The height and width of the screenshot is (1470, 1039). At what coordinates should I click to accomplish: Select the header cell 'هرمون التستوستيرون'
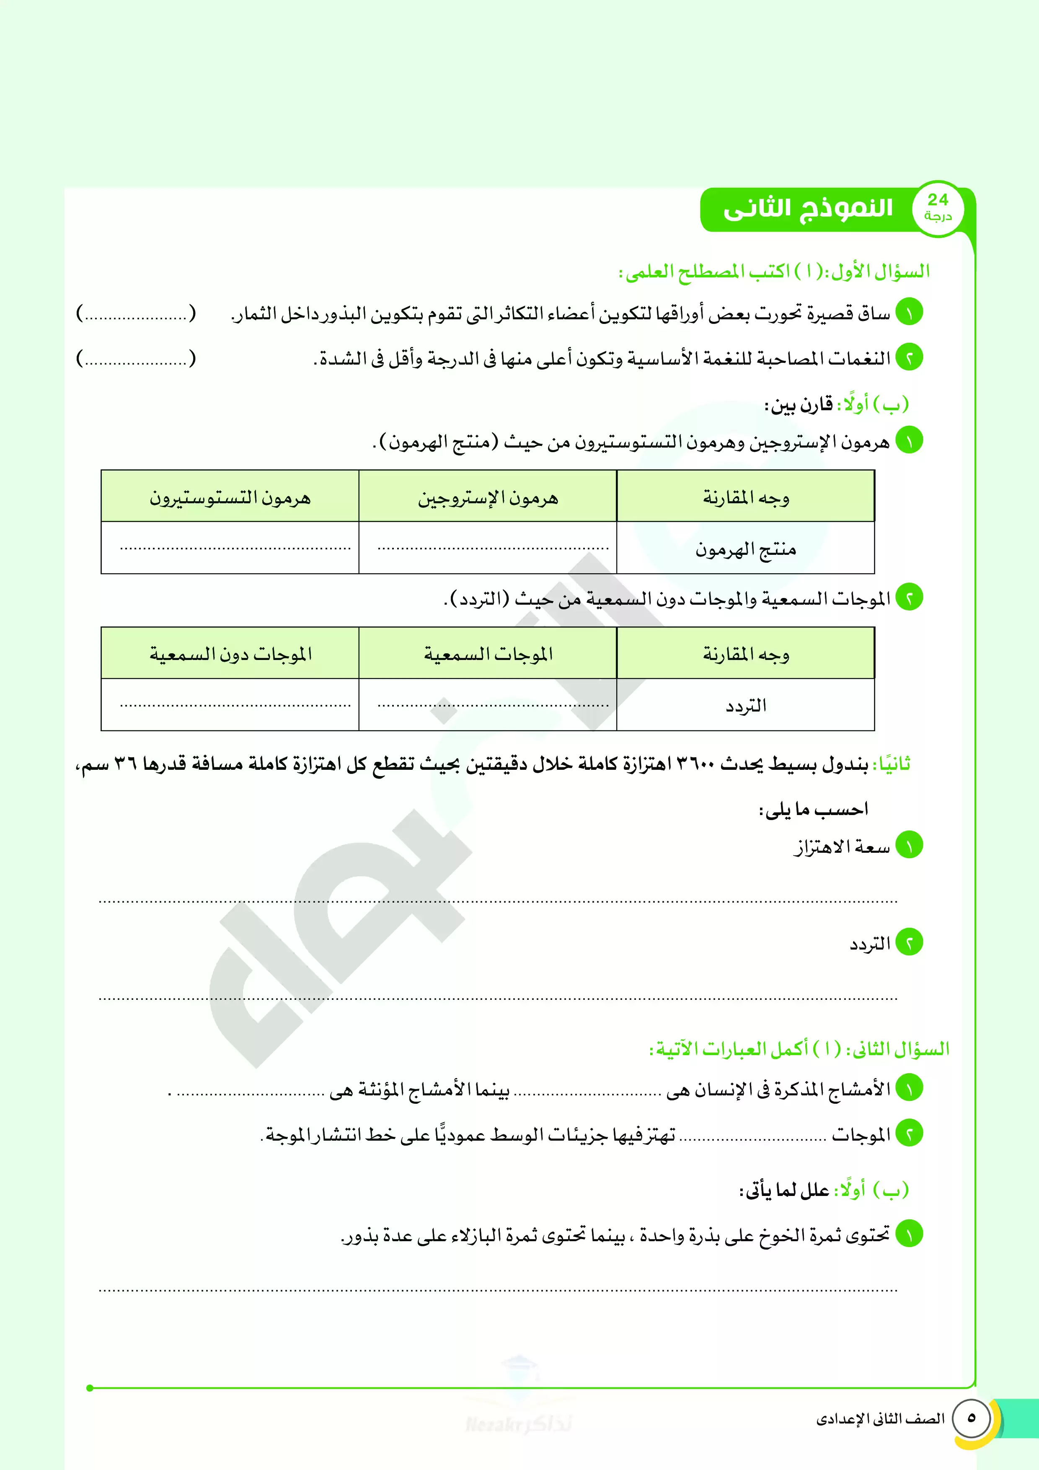(x=230, y=497)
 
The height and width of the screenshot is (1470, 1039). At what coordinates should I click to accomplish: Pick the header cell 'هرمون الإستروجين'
(x=488, y=497)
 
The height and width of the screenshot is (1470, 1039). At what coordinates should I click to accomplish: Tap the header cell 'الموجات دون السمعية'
(x=230, y=654)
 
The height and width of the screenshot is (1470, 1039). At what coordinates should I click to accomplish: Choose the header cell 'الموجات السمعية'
(x=488, y=654)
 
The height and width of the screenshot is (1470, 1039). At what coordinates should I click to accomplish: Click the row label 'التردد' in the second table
(x=746, y=706)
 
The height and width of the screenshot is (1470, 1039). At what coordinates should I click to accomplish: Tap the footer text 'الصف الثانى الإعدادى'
(x=880, y=1419)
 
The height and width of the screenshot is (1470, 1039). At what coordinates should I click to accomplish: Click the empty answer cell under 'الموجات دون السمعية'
(x=230, y=704)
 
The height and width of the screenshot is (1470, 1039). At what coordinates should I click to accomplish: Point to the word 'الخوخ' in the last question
(x=781, y=1236)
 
